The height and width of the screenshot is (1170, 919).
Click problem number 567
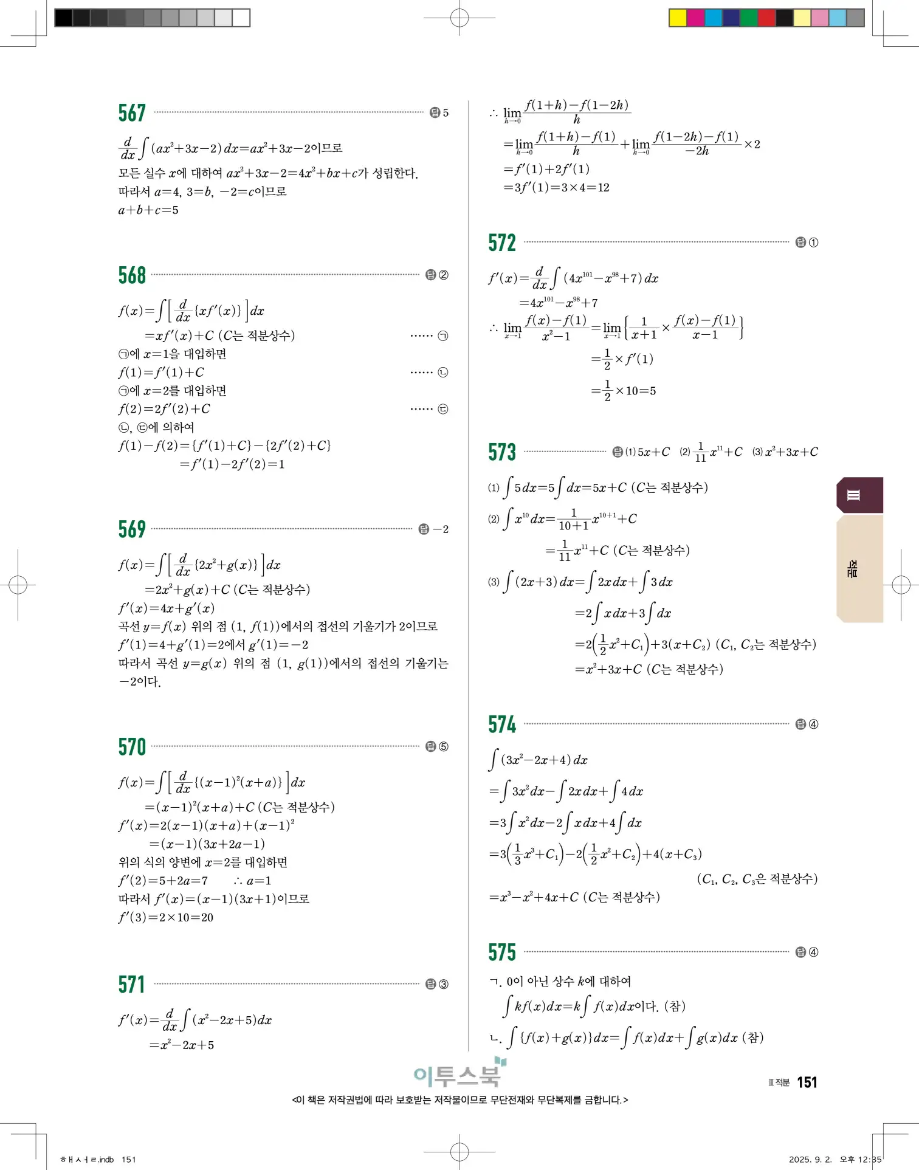tap(132, 113)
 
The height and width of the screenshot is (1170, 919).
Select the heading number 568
tap(132, 275)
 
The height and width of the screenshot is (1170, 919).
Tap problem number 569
tap(132, 529)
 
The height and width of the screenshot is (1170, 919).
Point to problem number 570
tap(132, 747)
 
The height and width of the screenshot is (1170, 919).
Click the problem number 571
tap(132, 984)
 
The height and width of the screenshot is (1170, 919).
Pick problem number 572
tap(502, 243)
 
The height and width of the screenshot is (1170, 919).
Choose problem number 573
tap(502, 452)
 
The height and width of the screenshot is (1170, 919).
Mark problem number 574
tap(502, 724)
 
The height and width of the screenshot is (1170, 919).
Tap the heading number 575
tap(502, 952)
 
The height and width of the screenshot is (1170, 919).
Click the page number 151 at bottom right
tap(807, 1082)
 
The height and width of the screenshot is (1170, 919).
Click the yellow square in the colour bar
tap(677, 18)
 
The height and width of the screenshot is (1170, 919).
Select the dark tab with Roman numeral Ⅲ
tap(859, 495)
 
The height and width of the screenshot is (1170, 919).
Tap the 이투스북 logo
tap(459, 1075)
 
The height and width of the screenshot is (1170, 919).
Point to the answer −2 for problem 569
tap(441, 529)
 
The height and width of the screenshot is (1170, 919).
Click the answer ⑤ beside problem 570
tap(444, 747)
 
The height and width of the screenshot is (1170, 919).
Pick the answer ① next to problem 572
tap(813, 243)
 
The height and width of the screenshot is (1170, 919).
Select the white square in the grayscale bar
tap(241, 18)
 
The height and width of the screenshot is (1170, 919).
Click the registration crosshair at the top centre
tap(459, 18)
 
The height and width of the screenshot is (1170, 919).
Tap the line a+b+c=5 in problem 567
tap(148, 210)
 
